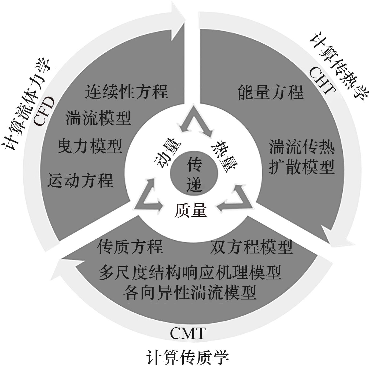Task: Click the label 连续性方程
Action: pos(126,92)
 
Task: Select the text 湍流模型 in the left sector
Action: pos(98,118)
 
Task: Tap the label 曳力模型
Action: pos(90,146)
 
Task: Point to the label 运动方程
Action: pos(80,180)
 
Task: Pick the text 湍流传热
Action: pos(302,147)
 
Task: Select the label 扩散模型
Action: pos(302,167)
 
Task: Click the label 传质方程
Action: pos(130,246)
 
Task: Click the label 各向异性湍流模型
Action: pos(190,292)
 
